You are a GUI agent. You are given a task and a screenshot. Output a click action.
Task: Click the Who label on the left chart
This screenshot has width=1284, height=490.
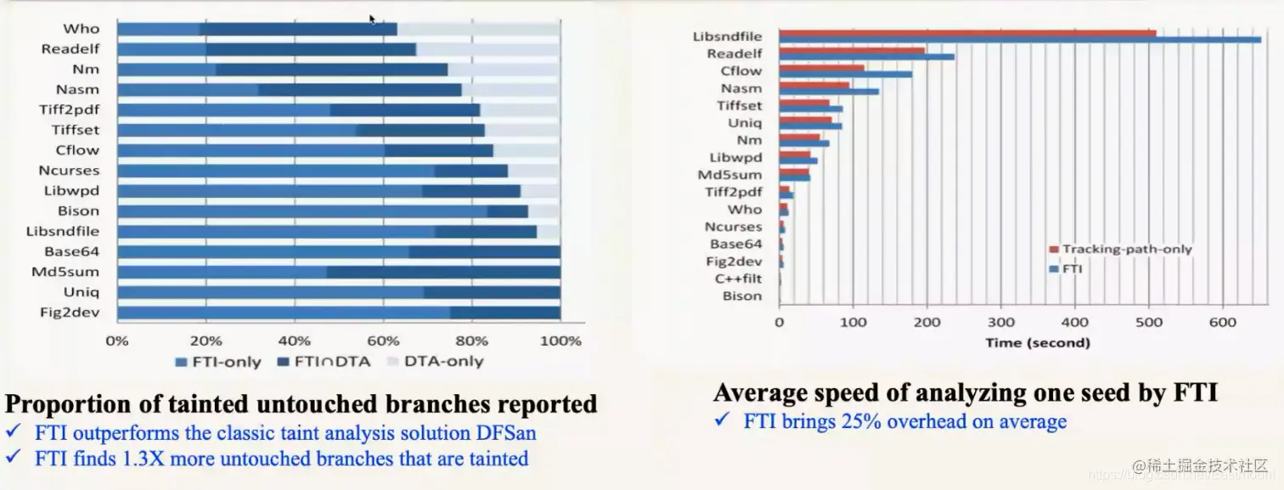point(81,29)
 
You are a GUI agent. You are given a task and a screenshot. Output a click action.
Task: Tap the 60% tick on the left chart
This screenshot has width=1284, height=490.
point(383,341)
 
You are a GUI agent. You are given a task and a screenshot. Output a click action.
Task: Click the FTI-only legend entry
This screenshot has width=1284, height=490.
point(217,361)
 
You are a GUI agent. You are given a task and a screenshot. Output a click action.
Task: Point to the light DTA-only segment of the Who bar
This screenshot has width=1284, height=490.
point(478,29)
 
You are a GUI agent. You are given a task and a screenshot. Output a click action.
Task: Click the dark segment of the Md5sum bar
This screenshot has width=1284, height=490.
point(442,272)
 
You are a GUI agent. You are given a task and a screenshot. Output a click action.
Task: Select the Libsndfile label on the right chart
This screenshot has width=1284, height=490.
point(727,37)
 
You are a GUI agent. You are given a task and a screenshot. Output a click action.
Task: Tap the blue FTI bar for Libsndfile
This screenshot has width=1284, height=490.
point(1019,40)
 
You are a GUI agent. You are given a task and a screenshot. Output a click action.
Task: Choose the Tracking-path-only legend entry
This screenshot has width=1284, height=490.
point(1121,249)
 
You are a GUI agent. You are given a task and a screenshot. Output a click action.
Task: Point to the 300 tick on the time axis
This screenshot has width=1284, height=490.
point(1001,323)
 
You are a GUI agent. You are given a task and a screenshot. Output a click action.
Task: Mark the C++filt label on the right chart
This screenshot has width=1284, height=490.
point(738,279)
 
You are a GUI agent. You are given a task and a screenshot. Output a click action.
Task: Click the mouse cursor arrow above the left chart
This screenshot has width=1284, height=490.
point(372,19)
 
